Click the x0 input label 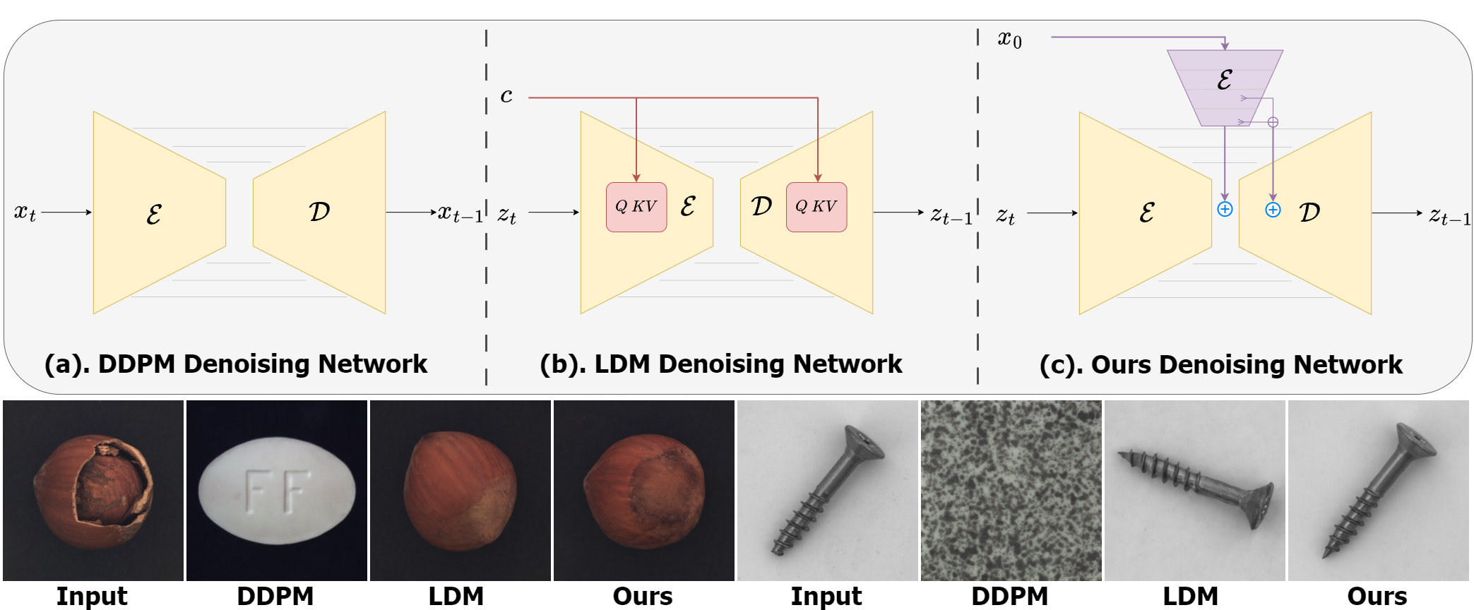click(x=1009, y=39)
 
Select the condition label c click(x=506, y=95)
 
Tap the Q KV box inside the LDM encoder click(x=636, y=207)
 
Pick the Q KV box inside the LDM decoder click(x=816, y=207)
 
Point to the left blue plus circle click(x=1225, y=209)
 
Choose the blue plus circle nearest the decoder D click(x=1273, y=210)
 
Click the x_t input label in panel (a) click(x=25, y=212)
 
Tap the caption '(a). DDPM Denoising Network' click(x=236, y=364)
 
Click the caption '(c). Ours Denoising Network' click(x=1221, y=364)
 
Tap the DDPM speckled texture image click(x=1011, y=491)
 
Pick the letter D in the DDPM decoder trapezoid click(x=319, y=211)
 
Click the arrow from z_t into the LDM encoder click(x=554, y=212)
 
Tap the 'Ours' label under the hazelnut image click(x=643, y=596)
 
